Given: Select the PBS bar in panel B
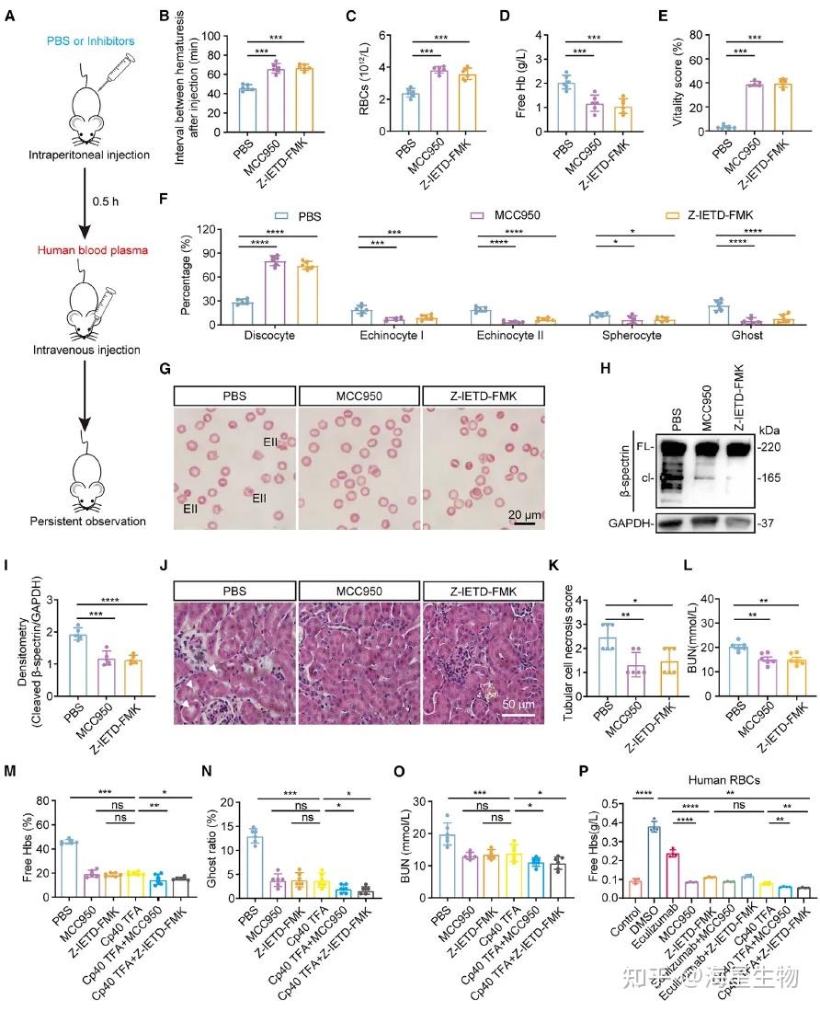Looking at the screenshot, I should click(246, 111).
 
